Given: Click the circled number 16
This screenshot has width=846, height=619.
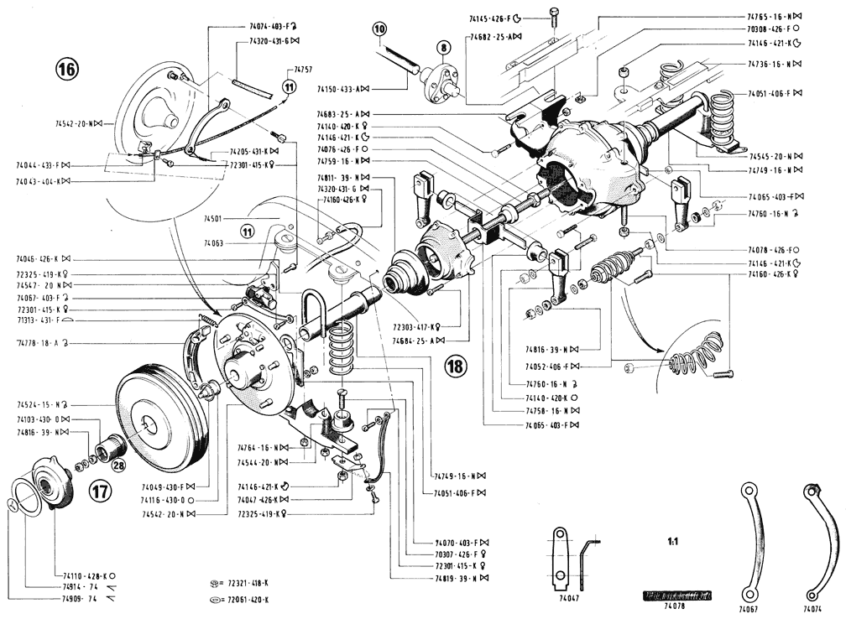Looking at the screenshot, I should pyautogui.click(x=68, y=70).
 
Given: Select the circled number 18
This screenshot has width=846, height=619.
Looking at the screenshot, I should pyautogui.click(x=456, y=366).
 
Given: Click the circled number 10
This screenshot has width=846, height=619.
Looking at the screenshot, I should pyautogui.click(x=380, y=29).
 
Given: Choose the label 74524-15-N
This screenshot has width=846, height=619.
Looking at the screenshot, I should pyautogui.click(x=41, y=407).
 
